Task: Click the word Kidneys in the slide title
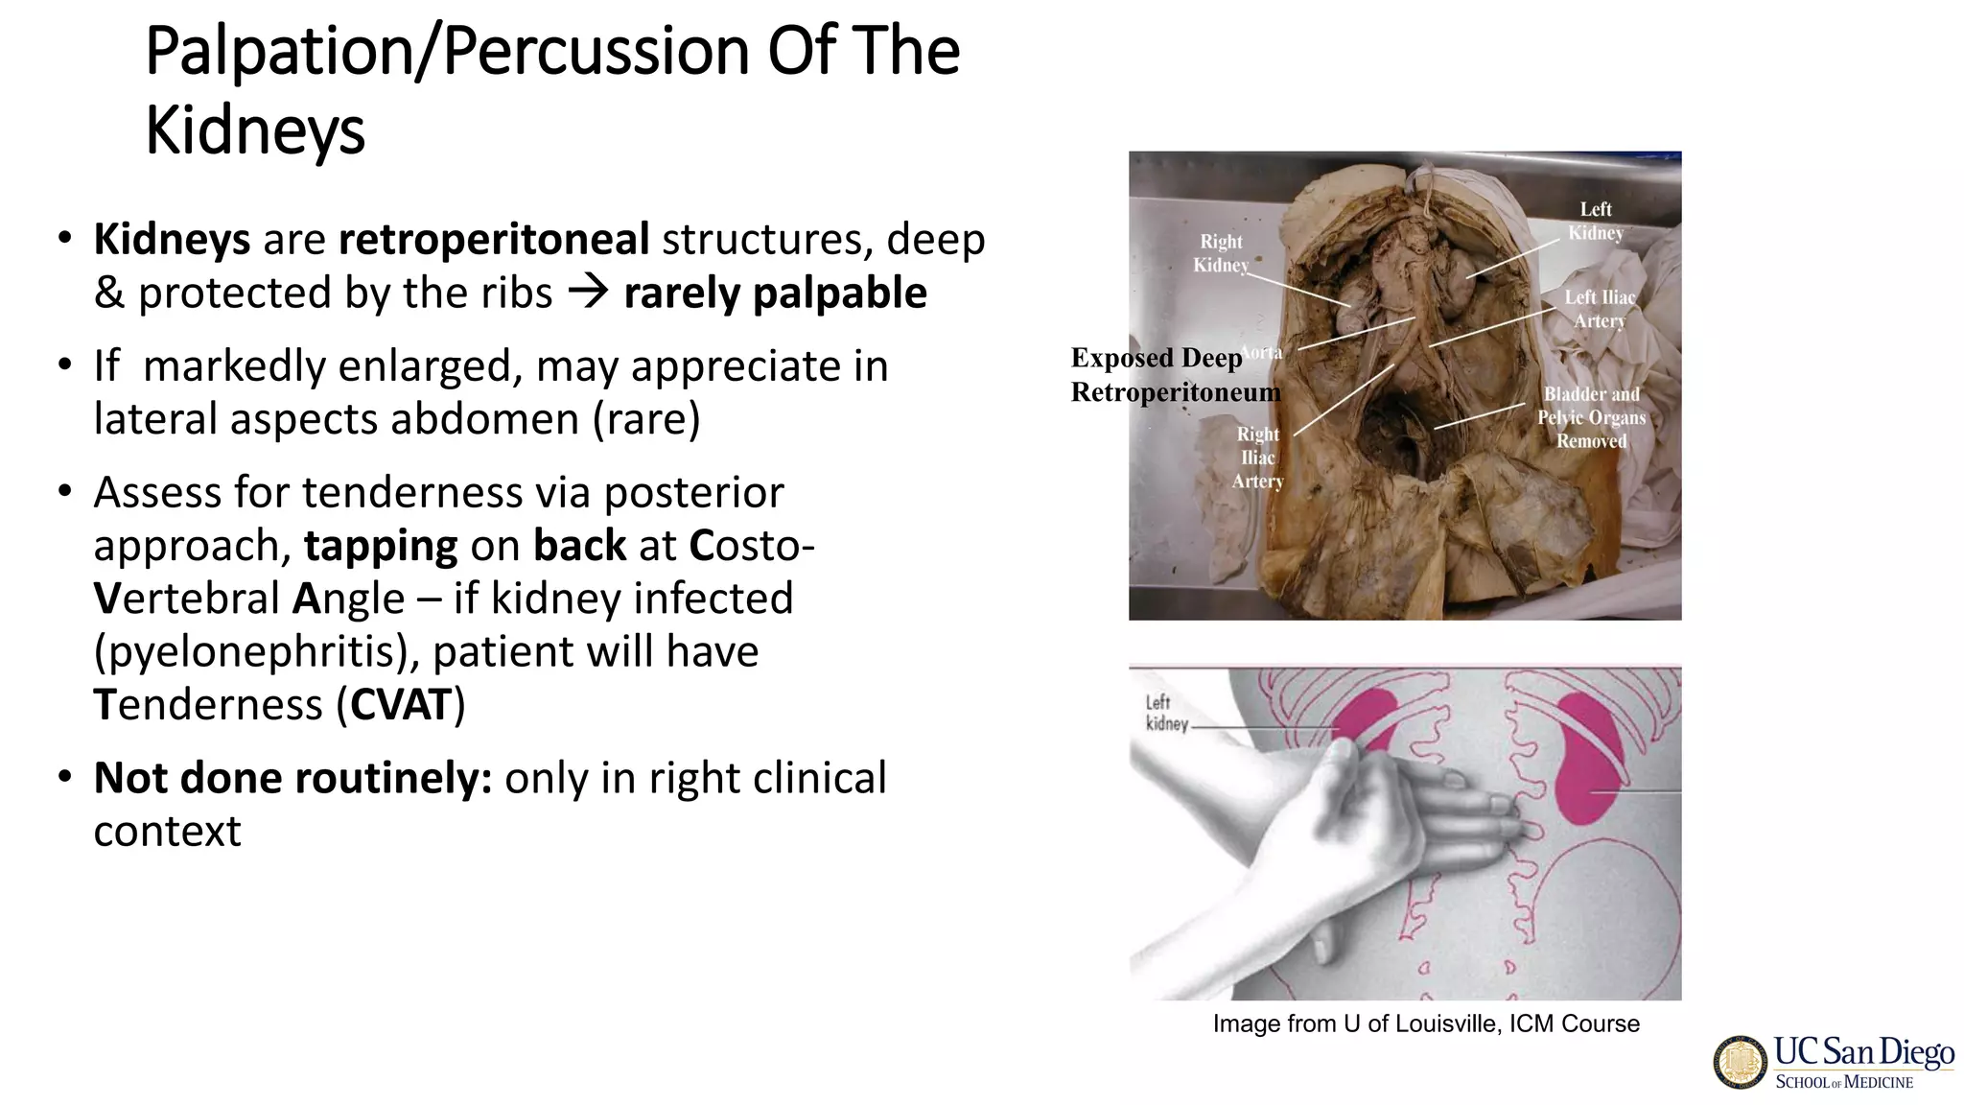[255, 130]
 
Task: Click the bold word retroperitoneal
[494, 240]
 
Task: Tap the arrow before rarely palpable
[588, 292]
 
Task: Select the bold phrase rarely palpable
[775, 294]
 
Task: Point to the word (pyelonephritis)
[257, 652]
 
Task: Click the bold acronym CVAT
[400, 705]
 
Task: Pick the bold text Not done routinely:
[292, 778]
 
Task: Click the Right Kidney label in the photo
[1221, 253]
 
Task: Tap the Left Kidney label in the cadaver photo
[1596, 221]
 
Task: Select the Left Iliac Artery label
[1600, 309]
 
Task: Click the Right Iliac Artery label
[1257, 458]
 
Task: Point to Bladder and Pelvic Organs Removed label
[1591, 417]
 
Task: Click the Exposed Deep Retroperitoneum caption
[1175, 375]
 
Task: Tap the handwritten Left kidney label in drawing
[1165, 714]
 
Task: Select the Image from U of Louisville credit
[1425, 1023]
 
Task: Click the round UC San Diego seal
[1740, 1063]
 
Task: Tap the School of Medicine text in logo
[1843, 1082]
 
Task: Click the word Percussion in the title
[595, 52]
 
